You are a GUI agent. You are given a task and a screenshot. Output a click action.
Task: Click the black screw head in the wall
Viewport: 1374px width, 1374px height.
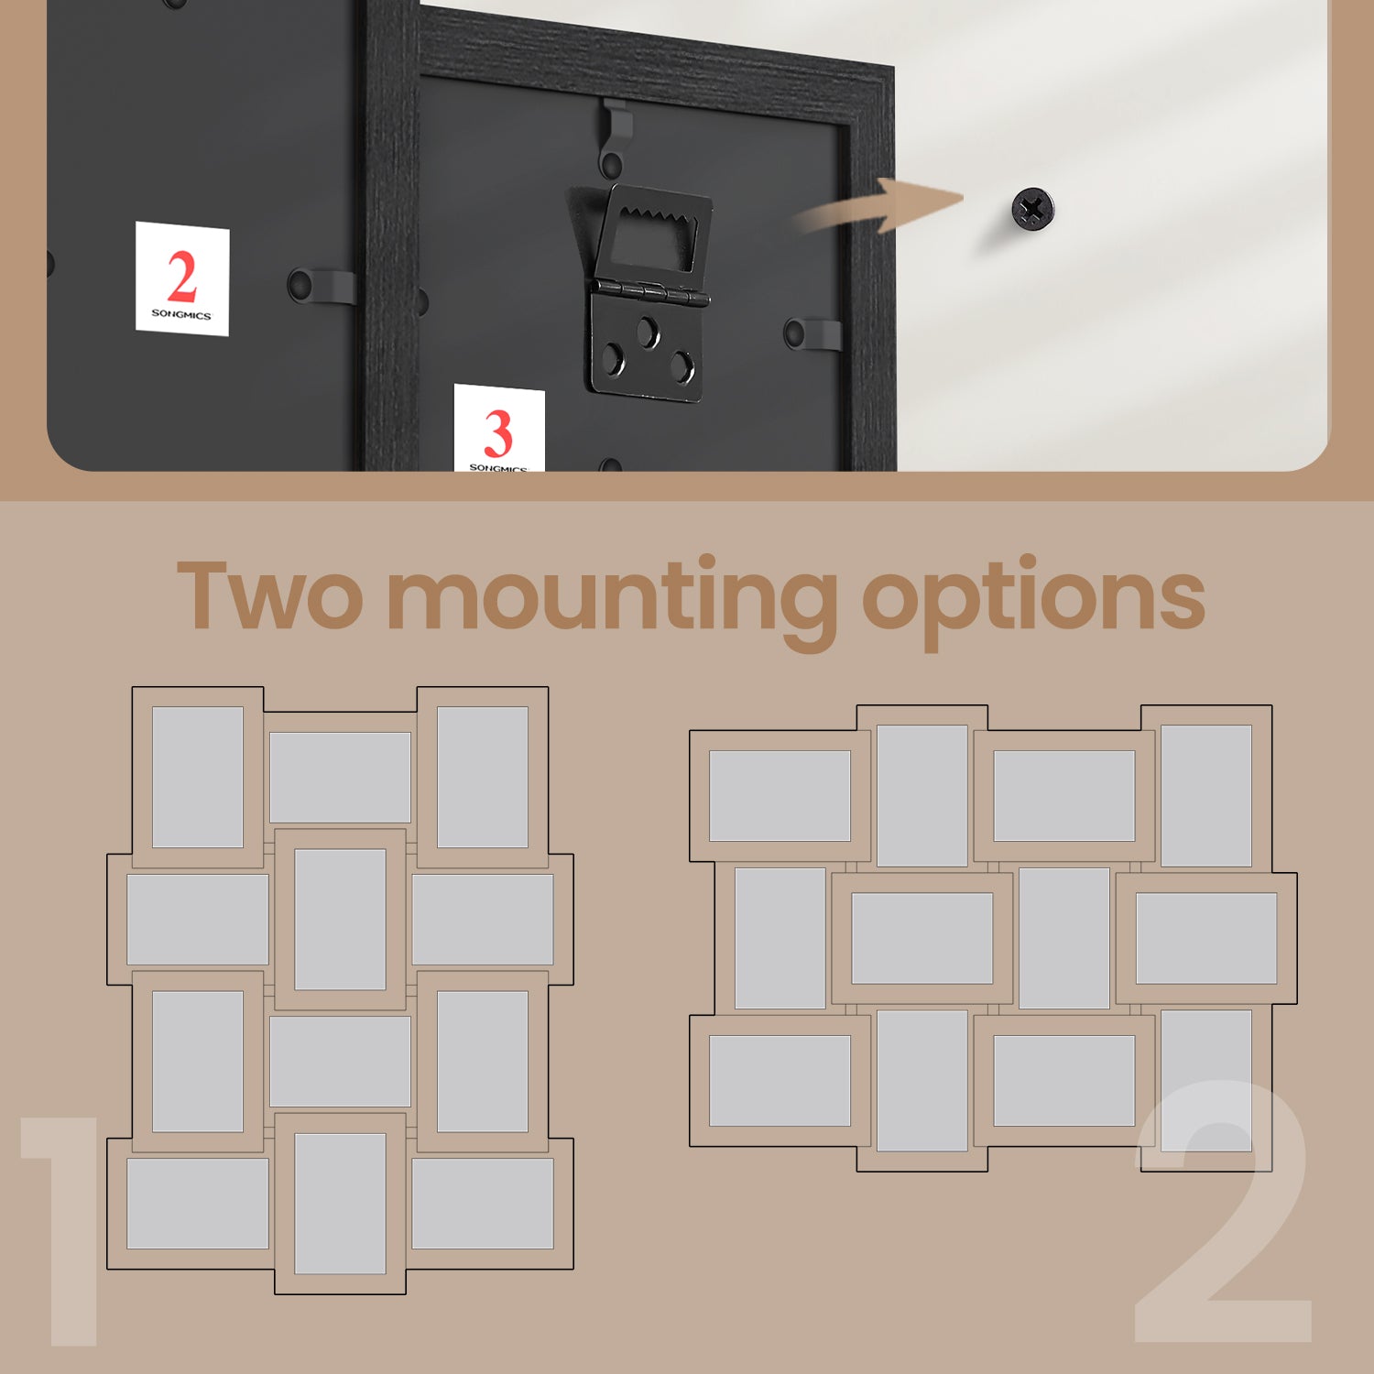tap(1032, 210)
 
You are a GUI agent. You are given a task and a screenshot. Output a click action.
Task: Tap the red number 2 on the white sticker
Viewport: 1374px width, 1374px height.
tap(182, 277)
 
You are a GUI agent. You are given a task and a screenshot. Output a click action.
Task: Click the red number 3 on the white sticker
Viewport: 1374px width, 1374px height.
tap(497, 434)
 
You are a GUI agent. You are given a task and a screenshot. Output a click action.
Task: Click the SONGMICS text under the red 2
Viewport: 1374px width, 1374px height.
tap(181, 314)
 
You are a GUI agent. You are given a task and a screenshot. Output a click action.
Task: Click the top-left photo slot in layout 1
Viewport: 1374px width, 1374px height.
tap(198, 777)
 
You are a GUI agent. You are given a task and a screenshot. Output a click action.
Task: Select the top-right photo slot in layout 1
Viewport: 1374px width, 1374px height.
tap(483, 777)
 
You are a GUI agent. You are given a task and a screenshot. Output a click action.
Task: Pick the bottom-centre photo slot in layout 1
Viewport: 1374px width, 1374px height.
tap(340, 1204)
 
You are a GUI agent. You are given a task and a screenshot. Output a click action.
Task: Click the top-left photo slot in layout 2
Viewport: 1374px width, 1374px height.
tap(780, 796)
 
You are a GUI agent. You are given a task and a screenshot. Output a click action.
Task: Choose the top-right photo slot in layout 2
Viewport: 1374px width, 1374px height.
tap(1206, 796)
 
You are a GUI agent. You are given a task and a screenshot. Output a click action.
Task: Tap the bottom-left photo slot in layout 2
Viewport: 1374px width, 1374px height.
tap(780, 1081)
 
